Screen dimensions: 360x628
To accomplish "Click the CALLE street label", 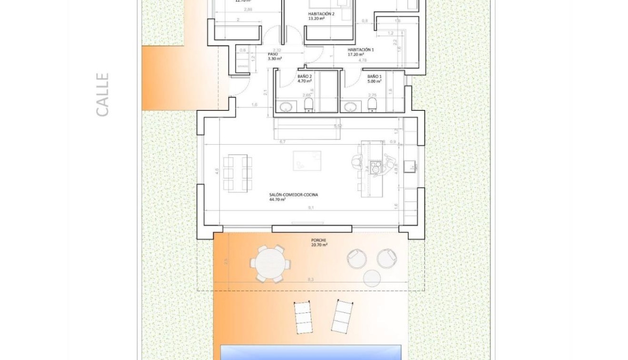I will (102, 94).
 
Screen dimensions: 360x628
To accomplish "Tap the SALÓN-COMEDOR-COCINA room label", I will (293, 195).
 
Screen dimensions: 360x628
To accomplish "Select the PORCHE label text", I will (319, 240).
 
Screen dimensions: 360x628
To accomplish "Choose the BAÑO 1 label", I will (374, 76).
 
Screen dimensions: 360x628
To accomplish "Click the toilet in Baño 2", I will (308, 105).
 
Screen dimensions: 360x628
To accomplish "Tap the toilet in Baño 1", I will (372, 105).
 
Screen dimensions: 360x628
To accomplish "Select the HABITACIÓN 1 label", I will (360, 50).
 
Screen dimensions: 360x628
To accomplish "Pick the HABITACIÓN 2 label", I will (321, 14).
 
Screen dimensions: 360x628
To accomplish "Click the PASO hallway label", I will (273, 54).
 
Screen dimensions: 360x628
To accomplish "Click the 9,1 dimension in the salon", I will (310, 207).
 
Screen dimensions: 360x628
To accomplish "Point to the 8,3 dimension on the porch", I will (310, 279).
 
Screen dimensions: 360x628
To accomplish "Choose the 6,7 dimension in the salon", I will (282, 141).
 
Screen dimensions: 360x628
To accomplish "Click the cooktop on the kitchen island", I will (375, 167).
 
